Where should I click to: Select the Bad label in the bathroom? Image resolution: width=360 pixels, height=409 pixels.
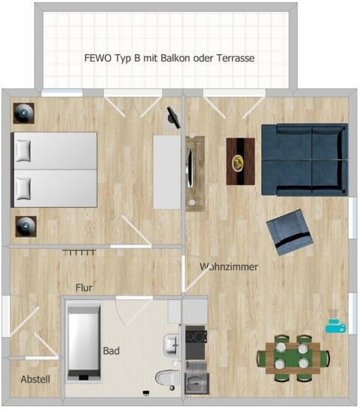click(111, 350)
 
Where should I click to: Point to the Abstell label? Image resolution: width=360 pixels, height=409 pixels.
click(35, 380)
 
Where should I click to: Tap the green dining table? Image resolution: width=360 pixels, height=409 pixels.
click(292, 355)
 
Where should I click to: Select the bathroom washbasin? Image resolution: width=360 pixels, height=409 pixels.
click(172, 345)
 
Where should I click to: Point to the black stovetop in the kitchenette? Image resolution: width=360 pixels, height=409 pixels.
click(196, 335)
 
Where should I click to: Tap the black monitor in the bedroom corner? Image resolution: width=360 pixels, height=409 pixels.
click(174, 116)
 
